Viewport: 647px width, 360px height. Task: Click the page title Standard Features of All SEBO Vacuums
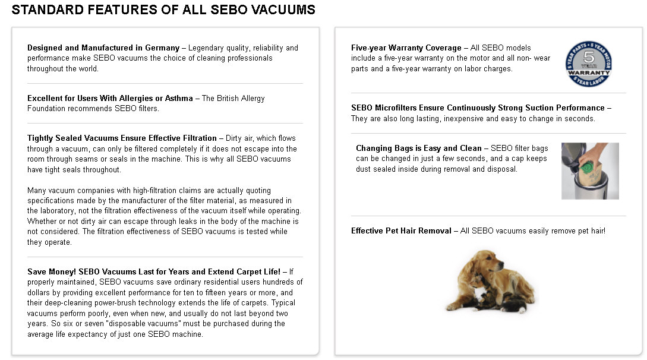pyautogui.click(x=163, y=10)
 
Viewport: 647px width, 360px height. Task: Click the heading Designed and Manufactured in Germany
pyautogui.click(x=103, y=48)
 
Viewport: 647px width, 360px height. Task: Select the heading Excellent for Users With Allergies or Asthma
pyautogui.click(x=110, y=98)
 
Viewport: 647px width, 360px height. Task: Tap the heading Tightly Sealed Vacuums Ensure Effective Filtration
pyautogui.click(x=122, y=138)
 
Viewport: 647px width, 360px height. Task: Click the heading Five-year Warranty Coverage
pyautogui.click(x=406, y=48)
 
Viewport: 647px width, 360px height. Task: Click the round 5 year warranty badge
pyautogui.click(x=588, y=64)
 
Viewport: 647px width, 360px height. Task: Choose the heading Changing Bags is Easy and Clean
pyautogui.click(x=419, y=148)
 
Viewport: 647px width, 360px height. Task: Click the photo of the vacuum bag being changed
pyautogui.click(x=590, y=170)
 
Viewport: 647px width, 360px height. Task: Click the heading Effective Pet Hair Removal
pyautogui.click(x=401, y=230)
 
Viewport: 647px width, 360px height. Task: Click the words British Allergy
pyautogui.click(x=240, y=98)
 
